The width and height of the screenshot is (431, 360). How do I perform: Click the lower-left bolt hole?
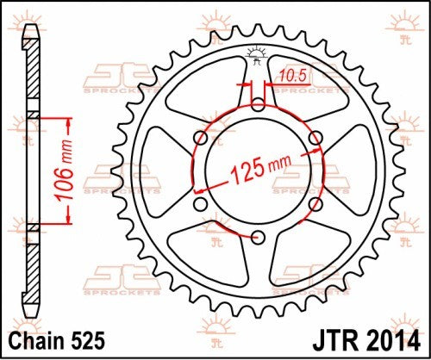(x=203, y=203)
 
